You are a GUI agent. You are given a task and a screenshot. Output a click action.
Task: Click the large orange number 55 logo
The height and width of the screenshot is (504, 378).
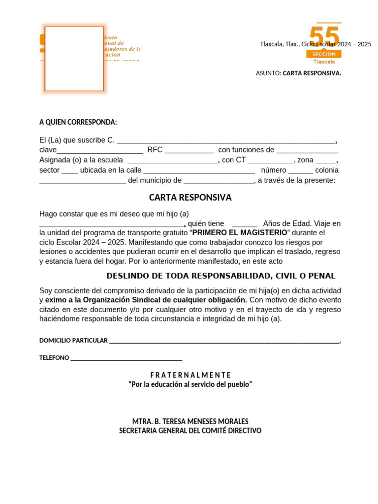tap(324, 37)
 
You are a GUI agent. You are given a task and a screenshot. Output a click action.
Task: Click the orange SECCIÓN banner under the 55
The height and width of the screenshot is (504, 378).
tap(323, 54)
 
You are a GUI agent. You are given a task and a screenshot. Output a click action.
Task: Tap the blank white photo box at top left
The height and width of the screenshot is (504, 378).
tap(74, 59)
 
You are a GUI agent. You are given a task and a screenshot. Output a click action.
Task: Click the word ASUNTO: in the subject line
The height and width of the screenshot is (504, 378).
tap(268, 73)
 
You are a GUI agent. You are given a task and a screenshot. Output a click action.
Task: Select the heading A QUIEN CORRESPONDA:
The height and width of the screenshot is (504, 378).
tap(78, 122)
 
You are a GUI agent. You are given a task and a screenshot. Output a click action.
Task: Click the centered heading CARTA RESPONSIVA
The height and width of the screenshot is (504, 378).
tap(190, 197)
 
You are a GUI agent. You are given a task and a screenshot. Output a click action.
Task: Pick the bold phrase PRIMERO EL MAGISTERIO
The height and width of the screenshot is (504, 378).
tap(239, 233)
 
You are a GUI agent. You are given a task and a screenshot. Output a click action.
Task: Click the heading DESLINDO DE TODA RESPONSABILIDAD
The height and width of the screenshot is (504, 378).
tap(221, 276)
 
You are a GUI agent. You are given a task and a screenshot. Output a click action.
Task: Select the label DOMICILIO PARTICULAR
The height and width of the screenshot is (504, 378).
tap(73, 341)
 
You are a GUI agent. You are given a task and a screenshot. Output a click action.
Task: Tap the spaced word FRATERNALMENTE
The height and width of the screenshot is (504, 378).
tap(190, 375)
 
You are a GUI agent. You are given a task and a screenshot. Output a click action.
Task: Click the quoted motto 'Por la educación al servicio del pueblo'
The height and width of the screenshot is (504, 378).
tap(190, 384)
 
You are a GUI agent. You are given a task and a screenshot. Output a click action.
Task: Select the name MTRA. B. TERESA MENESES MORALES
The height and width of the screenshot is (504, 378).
tap(190, 421)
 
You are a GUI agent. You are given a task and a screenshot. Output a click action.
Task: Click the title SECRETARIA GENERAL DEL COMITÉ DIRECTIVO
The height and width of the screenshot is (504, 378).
tap(190, 431)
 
